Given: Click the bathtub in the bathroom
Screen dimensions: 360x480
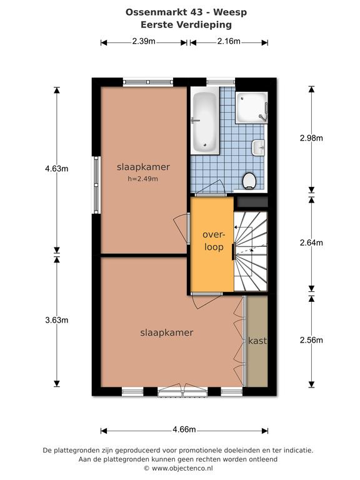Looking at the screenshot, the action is point(205,121).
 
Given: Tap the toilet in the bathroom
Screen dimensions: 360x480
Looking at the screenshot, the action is point(249,181).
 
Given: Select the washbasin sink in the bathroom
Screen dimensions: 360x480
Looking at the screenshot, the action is point(258,148).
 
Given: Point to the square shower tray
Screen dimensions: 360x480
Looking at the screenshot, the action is point(251,107).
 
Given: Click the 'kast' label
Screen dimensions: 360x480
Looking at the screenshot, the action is point(257,341).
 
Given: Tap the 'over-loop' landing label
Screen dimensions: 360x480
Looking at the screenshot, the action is point(214,241).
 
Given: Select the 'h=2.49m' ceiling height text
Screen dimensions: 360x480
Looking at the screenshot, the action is point(143,179).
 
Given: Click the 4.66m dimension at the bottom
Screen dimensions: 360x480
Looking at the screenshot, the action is point(184,429).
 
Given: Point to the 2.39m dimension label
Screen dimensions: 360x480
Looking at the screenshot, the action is point(144,41).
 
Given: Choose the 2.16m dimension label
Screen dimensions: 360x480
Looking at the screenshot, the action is point(229,41).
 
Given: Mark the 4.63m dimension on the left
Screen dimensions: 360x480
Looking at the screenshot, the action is point(57,168).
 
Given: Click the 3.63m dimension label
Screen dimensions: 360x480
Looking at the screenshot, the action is point(57,320).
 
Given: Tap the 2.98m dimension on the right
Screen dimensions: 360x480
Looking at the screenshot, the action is point(311,137).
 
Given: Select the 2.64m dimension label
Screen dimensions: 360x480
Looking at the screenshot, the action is point(311,242).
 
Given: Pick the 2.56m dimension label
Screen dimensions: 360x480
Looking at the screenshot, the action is point(311,340).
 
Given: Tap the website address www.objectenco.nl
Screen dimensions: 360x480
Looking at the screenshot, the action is point(182,468).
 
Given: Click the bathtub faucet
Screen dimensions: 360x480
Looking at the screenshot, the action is point(195,120).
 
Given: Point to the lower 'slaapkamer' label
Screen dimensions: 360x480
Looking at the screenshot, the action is point(166,332).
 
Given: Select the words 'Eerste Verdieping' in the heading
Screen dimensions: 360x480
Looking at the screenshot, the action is point(186,24).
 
